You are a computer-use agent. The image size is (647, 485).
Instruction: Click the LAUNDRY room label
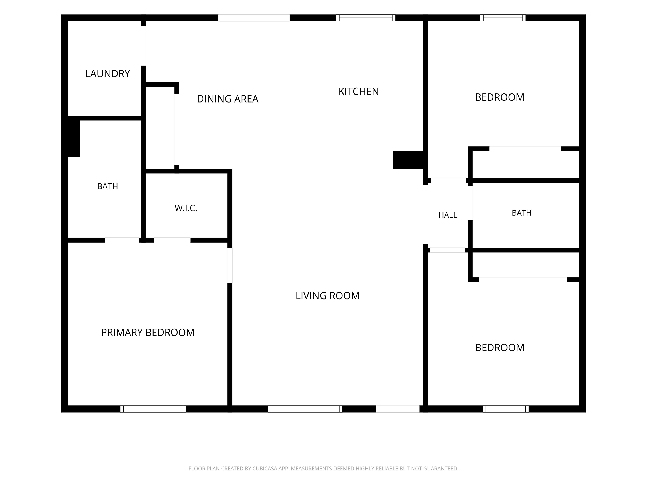[x=107, y=74]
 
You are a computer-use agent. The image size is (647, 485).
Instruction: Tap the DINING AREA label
[x=227, y=99]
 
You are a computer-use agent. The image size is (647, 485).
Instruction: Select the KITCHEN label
[x=359, y=92]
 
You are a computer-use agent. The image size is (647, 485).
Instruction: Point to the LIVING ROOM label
[x=327, y=296]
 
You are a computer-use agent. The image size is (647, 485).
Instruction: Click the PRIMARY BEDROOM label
[x=148, y=332]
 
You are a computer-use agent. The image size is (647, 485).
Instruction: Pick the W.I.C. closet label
[x=186, y=208]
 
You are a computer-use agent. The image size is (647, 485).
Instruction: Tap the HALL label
[x=448, y=215]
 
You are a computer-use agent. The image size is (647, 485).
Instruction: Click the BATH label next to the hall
[x=521, y=213]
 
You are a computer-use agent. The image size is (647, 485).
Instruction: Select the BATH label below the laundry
[x=107, y=186]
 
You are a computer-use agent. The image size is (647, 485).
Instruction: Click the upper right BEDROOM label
[x=500, y=97]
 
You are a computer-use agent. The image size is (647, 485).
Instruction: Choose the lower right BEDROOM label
[x=500, y=348]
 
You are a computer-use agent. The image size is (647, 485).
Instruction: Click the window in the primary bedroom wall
[x=153, y=409]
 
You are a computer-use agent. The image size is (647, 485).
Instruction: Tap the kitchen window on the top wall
[x=366, y=18]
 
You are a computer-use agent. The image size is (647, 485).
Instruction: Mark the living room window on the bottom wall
[x=305, y=409]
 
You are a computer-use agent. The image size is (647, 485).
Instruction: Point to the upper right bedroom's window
[x=503, y=18]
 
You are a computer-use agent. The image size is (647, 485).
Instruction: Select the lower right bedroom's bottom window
[x=506, y=409]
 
